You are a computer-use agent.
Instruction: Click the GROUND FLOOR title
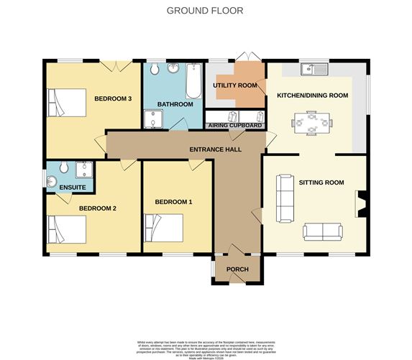pos(205,11)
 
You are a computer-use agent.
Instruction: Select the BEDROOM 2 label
pos(98,208)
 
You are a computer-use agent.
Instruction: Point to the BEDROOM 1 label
pos(174,202)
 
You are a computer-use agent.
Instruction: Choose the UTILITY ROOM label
pos(234,86)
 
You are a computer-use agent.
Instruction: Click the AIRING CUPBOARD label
pos(235,125)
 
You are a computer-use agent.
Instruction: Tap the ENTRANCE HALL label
pos(215,149)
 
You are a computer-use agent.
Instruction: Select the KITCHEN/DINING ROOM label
pos(313,96)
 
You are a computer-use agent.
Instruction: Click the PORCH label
pos(237,269)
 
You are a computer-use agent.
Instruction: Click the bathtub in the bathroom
pos(193,82)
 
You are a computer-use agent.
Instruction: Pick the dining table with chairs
pos(311,122)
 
